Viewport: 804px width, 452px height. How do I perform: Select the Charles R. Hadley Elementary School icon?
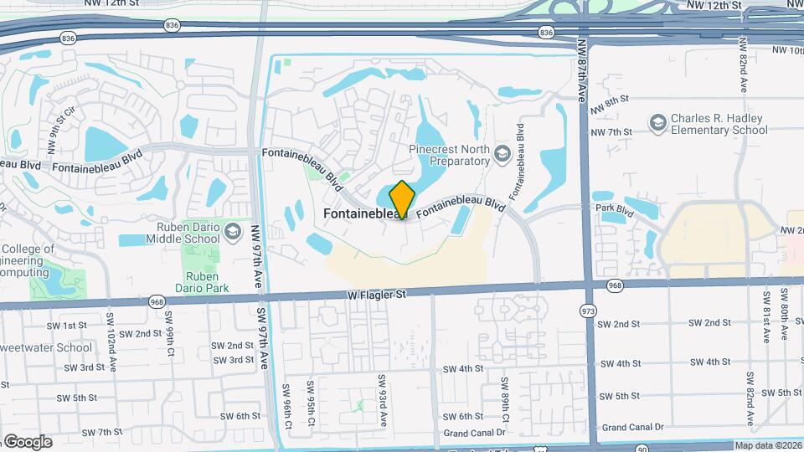[658, 124]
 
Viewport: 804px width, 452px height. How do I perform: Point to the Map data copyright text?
[768, 445]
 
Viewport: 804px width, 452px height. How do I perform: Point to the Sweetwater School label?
[49, 347]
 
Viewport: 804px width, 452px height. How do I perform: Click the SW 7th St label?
[104, 432]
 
